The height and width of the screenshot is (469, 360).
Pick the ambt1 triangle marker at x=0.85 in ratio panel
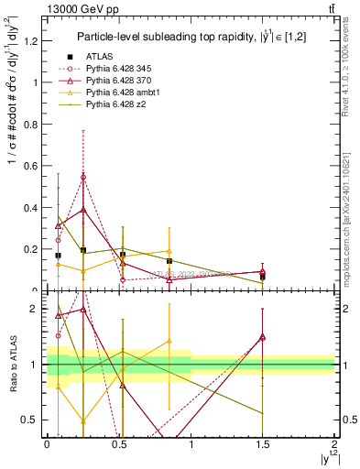169,341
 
